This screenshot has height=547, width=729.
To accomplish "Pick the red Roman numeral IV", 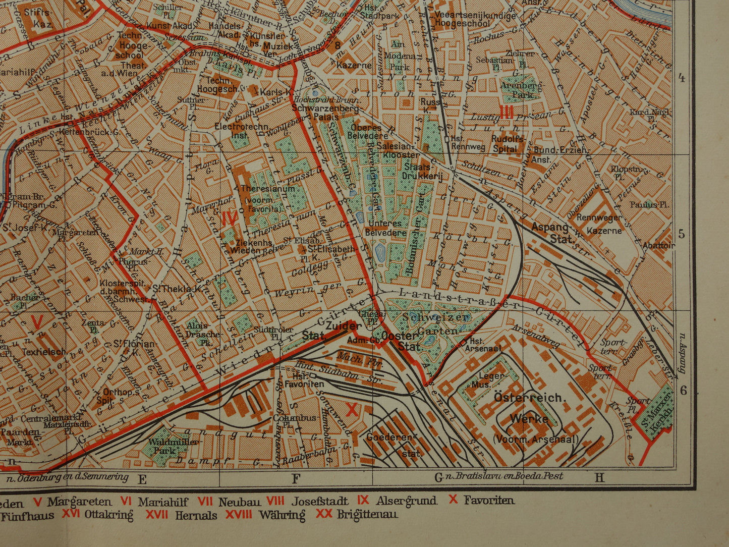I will pyautogui.click(x=230, y=218).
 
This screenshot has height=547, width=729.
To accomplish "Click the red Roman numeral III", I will pyautogui.click(x=506, y=112).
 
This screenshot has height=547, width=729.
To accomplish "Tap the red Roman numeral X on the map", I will pyautogui.click(x=352, y=410).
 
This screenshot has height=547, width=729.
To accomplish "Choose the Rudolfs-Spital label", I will pyautogui.click(x=506, y=144).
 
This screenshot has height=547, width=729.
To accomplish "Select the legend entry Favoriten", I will pyautogui.click(x=489, y=501).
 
